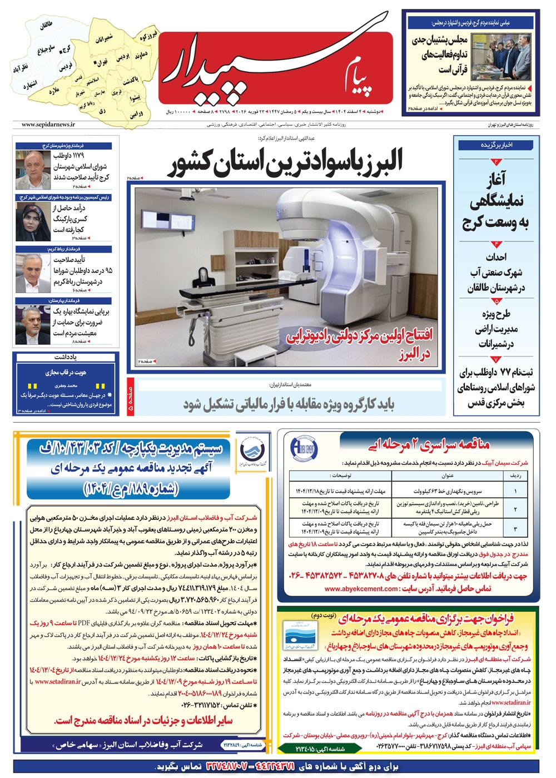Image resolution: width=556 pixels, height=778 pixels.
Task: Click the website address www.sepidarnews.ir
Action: (x=48, y=125)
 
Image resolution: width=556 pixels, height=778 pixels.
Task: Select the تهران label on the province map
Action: (x=102, y=63)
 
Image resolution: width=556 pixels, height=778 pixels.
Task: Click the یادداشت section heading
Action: (x=66, y=356)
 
